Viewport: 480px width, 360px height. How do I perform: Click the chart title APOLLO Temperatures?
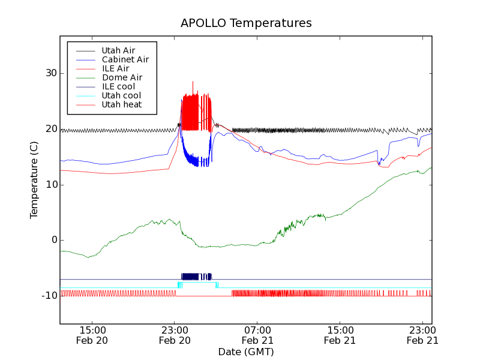(x=246, y=23)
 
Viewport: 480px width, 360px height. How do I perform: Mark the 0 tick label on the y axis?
(x=53, y=240)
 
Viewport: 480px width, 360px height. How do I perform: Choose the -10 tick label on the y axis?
(x=48, y=296)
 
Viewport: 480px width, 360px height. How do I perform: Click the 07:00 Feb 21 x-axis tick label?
(x=257, y=335)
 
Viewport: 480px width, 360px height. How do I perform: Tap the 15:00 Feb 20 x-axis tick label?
(x=92, y=335)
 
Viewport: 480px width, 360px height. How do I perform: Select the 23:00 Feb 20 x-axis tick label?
(x=175, y=335)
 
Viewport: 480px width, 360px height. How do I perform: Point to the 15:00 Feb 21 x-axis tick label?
(x=340, y=335)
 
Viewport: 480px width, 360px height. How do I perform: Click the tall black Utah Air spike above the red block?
(x=193, y=85)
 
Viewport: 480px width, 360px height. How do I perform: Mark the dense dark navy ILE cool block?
(x=196, y=277)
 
